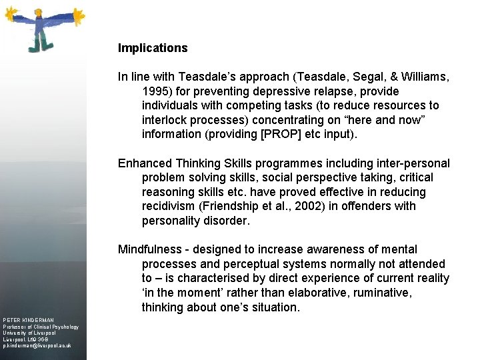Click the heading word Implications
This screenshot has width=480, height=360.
[153, 48]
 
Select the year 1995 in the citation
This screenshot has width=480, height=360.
[155, 91]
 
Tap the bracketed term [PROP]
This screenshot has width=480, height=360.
[280, 134]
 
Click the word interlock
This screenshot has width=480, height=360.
[164, 120]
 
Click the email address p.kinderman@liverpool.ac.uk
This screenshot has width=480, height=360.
[37, 347]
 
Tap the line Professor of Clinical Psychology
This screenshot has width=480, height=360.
[41, 327]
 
